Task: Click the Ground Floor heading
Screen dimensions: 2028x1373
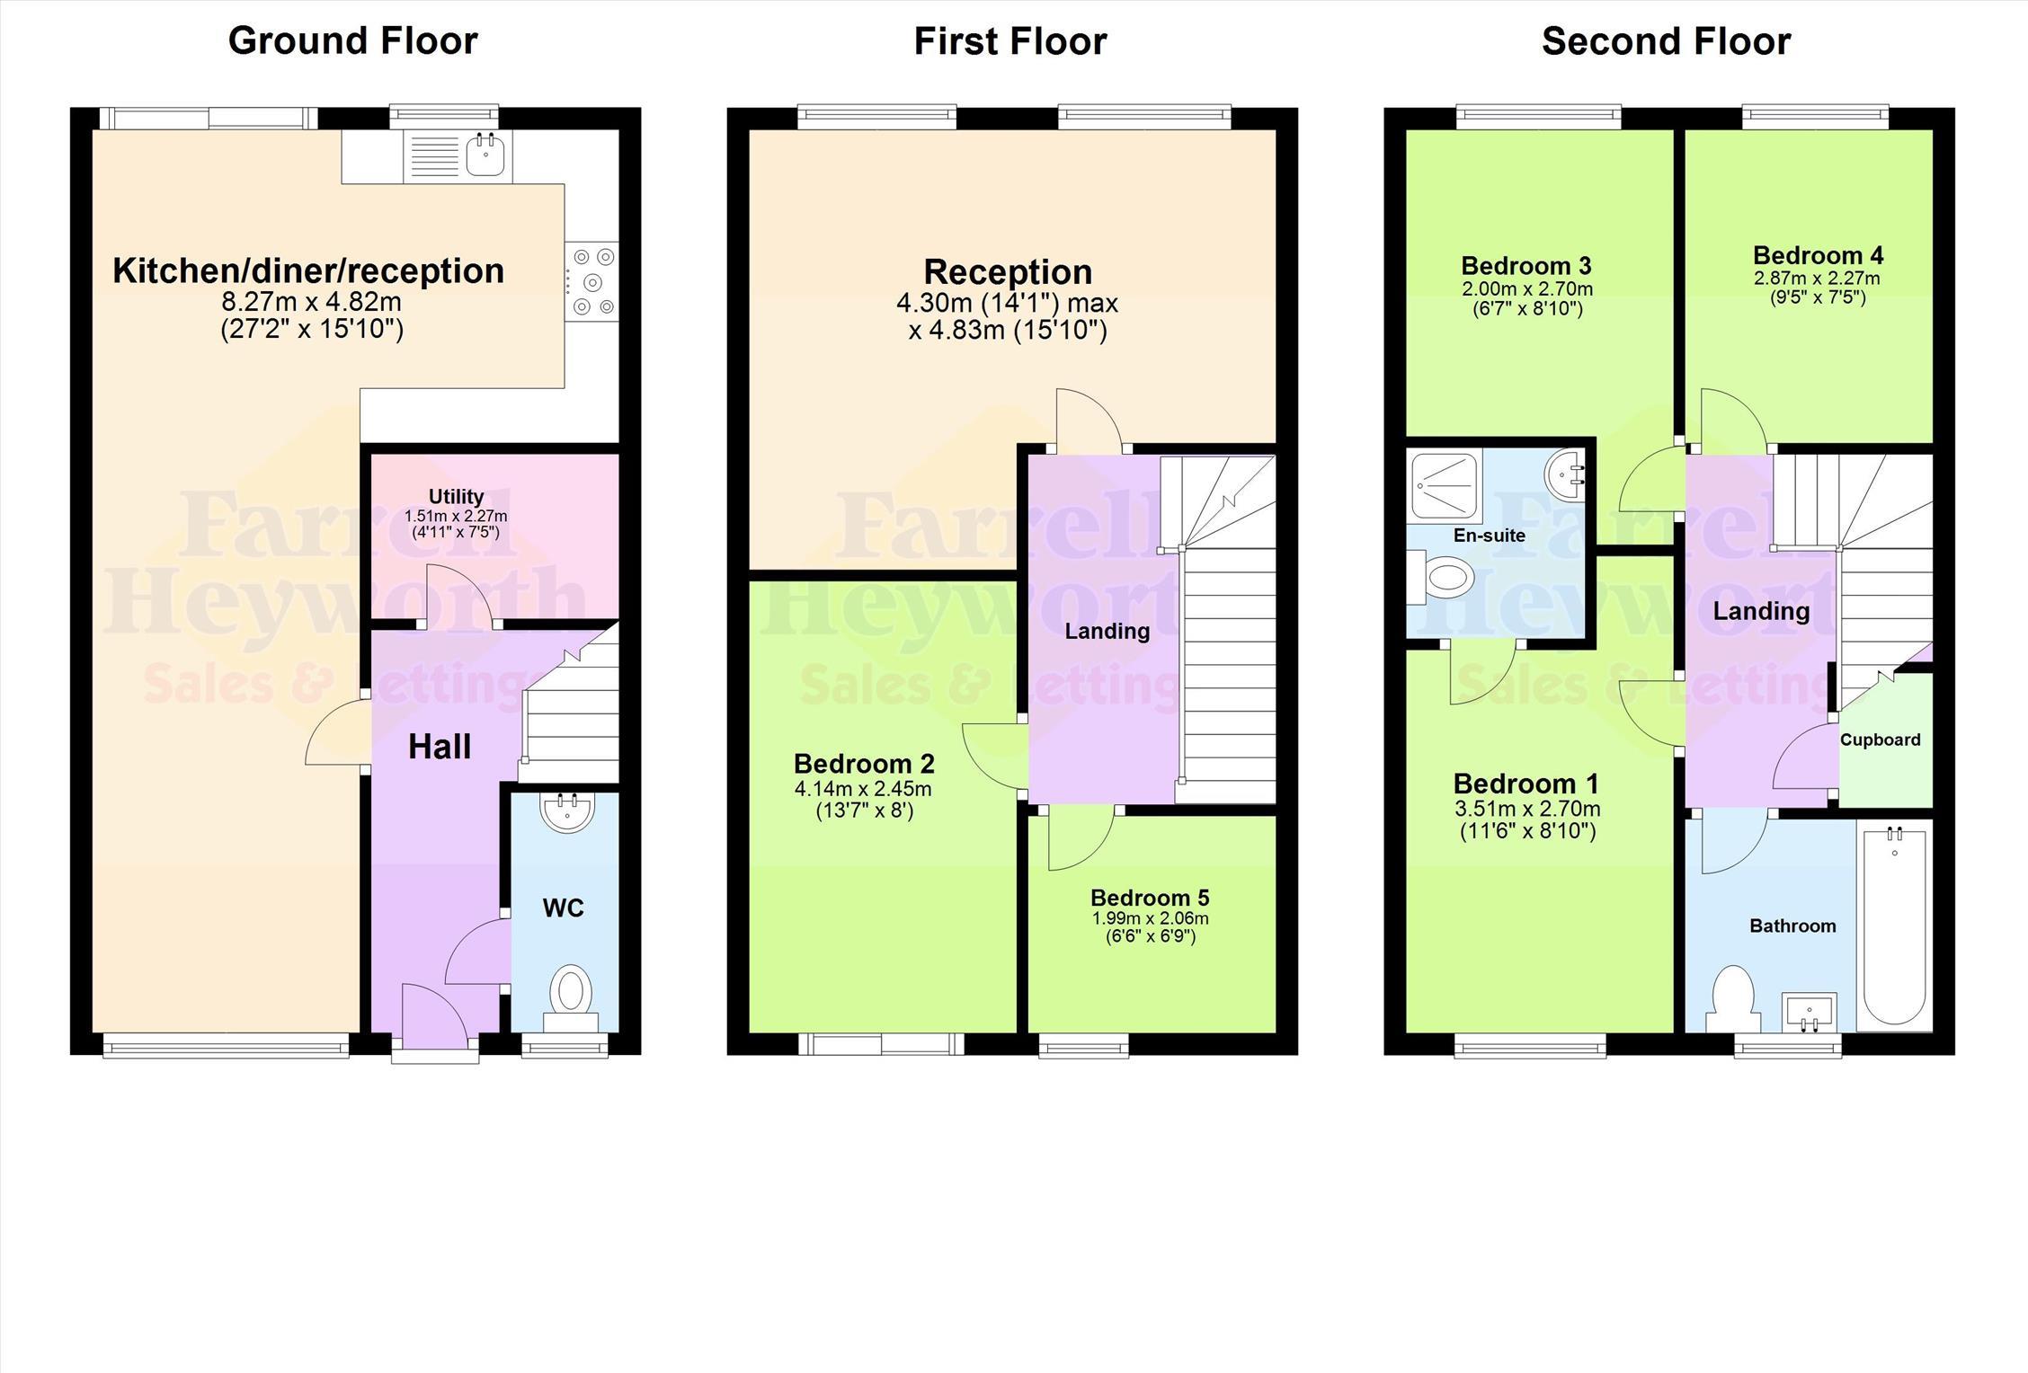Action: point(352,41)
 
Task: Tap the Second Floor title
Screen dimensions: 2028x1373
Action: point(1666,41)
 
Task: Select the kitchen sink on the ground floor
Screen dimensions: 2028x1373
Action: point(485,155)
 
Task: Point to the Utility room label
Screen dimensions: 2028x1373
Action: point(457,497)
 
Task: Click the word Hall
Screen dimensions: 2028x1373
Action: point(440,747)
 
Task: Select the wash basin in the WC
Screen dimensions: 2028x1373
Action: point(566,812)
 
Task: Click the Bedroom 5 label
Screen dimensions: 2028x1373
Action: point(1150,898)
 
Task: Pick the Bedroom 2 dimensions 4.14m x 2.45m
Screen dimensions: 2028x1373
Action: point(863,790)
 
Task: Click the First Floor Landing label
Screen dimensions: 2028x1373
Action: point(1107,631)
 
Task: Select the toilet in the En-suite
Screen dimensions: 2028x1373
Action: point(1438,578)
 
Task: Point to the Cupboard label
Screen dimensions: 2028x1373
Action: point(1880,740)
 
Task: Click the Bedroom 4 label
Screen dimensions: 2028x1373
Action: point(1818,255)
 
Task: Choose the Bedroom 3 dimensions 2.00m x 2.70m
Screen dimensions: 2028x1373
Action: point(1526,289)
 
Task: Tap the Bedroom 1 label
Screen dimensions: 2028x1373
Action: point(1525,784)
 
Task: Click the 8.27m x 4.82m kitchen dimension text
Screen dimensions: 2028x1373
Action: point(311,301)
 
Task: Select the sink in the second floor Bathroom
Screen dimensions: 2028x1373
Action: point(1809,1013)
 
